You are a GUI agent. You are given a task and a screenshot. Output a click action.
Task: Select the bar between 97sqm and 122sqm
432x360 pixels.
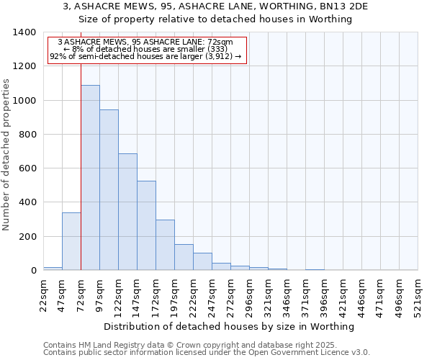[109, 190]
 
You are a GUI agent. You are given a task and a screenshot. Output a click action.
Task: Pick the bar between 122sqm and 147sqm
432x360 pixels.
[127, 212]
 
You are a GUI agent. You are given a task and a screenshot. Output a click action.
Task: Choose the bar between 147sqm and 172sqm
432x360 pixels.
[146, 225]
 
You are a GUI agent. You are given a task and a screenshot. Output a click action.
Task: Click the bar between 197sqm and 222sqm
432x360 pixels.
[184, 257]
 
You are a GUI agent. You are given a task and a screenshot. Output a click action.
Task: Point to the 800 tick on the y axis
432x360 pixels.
[27, 135]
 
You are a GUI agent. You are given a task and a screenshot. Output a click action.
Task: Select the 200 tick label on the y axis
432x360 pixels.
[27, 237]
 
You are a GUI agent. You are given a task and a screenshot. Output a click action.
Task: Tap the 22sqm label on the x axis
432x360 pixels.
[43, 294]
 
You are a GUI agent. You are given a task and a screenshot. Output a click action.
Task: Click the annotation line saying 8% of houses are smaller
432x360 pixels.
[147, 49]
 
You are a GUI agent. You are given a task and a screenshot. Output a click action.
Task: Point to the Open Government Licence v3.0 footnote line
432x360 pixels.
[207, 353]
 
